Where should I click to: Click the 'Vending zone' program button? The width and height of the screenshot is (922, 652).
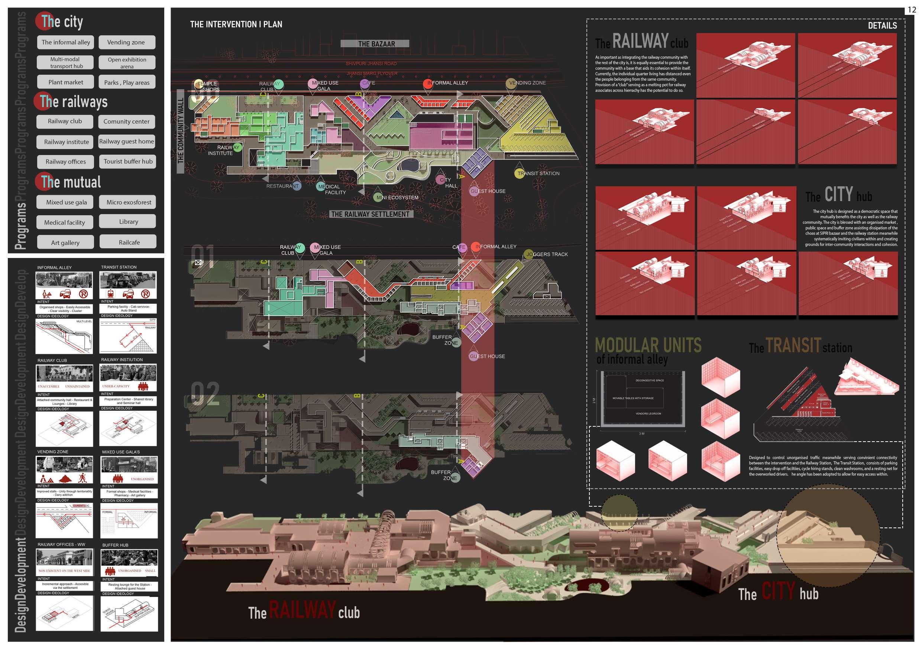click(x=126, y=42)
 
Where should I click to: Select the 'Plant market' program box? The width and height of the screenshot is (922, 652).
click(x=65, y=82)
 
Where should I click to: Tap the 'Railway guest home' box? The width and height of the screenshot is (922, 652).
click(x=126, y=141)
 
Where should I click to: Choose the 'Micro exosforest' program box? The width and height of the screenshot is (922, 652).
click(x=129, y=202)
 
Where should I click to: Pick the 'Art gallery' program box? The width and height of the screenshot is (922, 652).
click(x=65, y=243)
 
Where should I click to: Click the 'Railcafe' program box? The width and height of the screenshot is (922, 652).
click(x=129, y=242)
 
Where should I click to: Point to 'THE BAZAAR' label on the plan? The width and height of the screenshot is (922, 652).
click(x=376, y=44)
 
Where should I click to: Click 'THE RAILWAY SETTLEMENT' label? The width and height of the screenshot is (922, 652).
click(x=370, y=214)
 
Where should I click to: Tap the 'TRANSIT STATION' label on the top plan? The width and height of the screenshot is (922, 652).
click(x=538, y=174)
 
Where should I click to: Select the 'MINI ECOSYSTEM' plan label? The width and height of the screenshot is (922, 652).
click(x=397, y=198)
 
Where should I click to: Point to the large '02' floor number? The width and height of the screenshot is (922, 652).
click(x=205, y=394)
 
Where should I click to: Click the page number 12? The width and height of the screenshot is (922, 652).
click(x=912, y=10)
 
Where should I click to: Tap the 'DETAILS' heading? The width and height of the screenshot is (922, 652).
click(x=882, y=26)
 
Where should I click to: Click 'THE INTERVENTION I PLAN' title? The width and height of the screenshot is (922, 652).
click(x=236, y=25)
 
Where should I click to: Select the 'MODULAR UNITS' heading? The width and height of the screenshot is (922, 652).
click(x=648, y=345)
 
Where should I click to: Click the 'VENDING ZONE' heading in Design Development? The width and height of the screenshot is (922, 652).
click(x=53, y=452)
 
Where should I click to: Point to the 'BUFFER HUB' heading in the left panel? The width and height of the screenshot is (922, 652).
click(x=115, y=545)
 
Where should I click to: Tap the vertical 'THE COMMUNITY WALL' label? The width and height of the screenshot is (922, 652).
click(x=180, y=131)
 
